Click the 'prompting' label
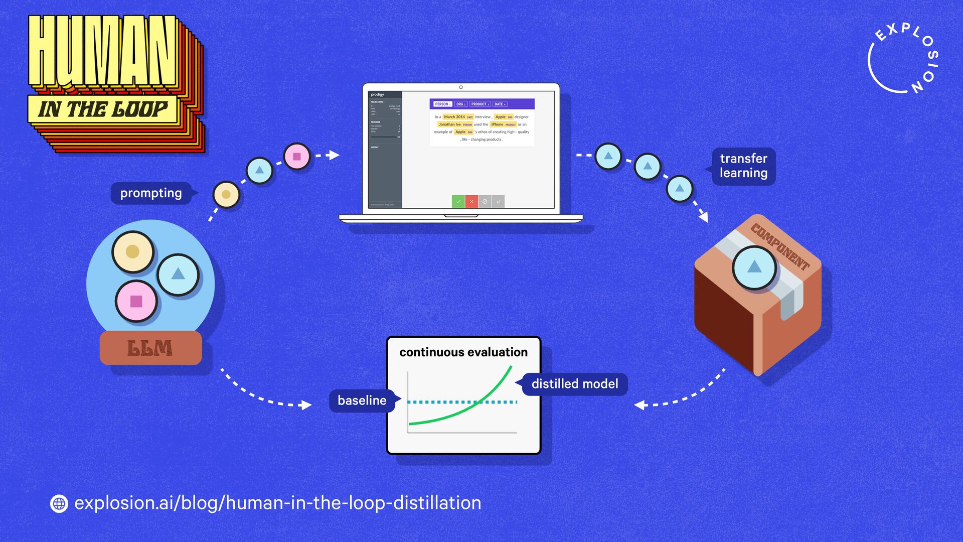click(151, 193)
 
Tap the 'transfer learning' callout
click(743, 166)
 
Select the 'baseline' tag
click(362, 400)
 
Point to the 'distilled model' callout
click(574, 384)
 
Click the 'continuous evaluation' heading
click(463, 352)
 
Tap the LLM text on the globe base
click(149, 348)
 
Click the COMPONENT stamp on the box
click(780, 247)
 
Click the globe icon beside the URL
click(59, 503)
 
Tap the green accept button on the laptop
click(458, 201)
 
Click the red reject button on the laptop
click(471, 201)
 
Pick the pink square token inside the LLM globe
click(136, 301)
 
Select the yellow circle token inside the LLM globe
click(132, 251)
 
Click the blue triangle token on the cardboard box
click(754, 267)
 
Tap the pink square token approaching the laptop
click(297, 157)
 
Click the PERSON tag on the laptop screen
click(442, 104)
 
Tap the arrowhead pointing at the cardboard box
click(704, 217)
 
